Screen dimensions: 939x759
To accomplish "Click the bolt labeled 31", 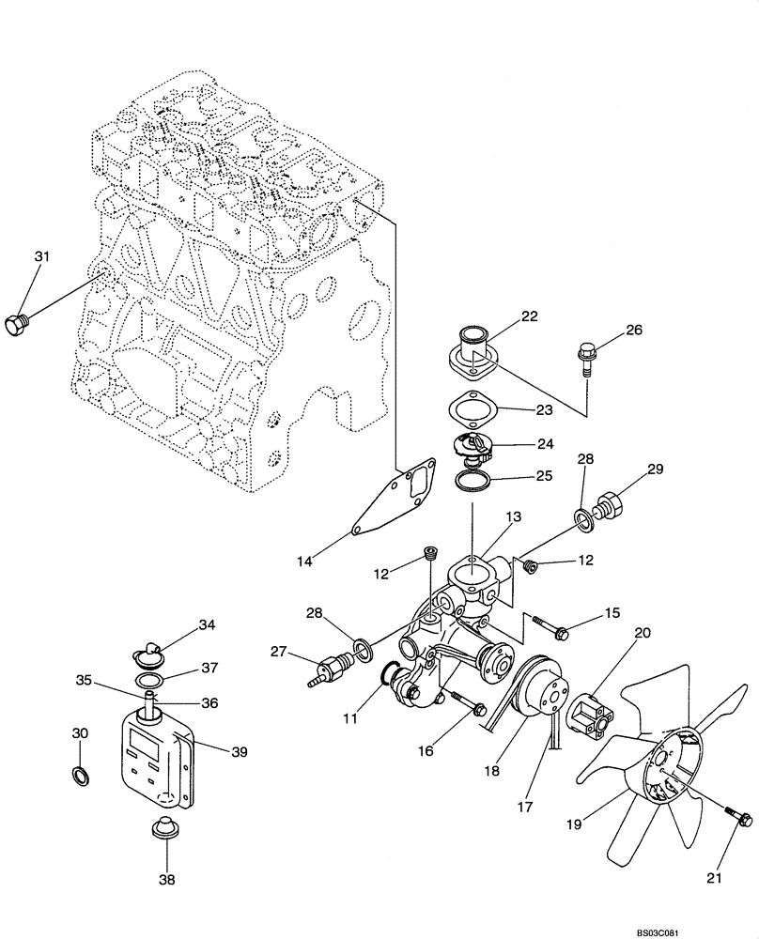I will click(x=19, y=326).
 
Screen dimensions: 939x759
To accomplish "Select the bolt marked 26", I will click(x=583, y=358).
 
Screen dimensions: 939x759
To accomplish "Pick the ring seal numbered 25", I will click(x=474, y=482).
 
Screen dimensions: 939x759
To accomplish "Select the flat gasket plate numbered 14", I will click(x=395, y=498).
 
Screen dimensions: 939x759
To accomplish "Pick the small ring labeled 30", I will click(x=81, y=776).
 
